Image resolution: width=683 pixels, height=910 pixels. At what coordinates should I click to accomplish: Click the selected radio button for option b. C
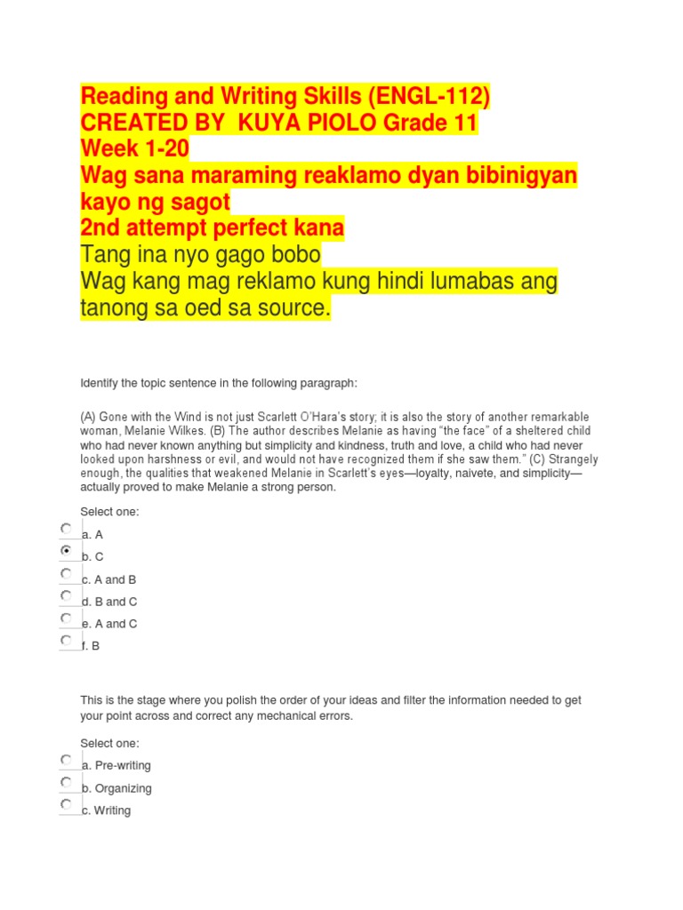(67, 551)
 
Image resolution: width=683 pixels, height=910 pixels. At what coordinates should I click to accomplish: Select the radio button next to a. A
(67, 529)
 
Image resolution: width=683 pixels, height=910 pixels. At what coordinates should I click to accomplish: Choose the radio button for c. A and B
(67, 573)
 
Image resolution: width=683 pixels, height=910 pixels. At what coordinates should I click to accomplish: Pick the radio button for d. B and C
(67, 595)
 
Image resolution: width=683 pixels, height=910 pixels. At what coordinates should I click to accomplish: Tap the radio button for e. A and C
(67, 618)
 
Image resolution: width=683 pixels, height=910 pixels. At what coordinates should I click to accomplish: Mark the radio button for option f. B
(67, 640)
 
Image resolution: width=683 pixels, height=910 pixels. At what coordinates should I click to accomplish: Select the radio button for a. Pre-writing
(67, 760)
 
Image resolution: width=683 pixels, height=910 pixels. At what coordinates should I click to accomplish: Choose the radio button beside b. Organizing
(67, 782)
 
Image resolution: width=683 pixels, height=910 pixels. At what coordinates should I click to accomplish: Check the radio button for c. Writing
(67, 804)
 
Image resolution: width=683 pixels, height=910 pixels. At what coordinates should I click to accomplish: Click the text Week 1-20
(134, 149)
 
